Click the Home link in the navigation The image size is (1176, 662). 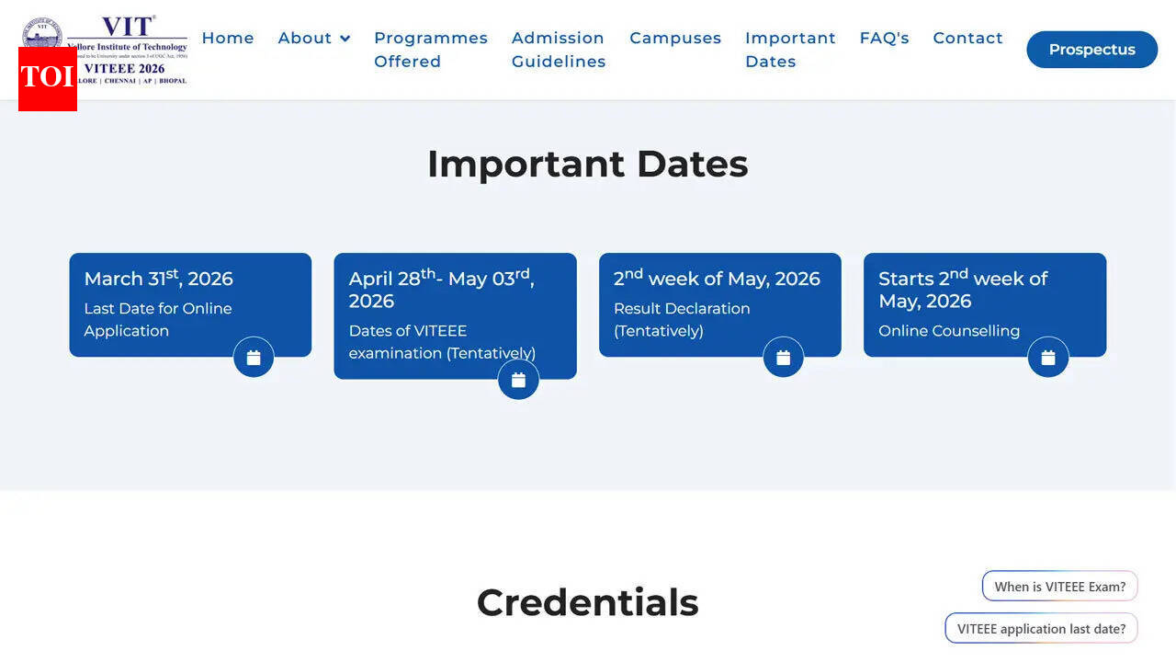[228, 38]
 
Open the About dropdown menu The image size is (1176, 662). [314, 38]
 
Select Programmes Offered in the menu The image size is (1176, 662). [430, 50]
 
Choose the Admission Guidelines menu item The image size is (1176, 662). [559, 50]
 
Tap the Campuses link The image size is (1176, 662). [675, 38]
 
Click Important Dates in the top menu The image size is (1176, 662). [790, 50]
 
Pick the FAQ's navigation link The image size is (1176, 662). [884, 38]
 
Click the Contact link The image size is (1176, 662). [967, 38]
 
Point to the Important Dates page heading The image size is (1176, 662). [588, 165]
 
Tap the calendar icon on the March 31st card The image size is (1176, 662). [254, 358]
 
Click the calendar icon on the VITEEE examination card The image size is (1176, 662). [518, 380]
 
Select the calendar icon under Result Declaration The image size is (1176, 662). [784, 358]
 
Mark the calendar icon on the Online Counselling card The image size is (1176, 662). [1048, 358]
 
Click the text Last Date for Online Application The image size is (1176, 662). [158, 319]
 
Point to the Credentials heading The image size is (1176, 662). [588, 602]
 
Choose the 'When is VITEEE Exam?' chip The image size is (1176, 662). [1060, 587]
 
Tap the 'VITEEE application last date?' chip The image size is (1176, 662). [1041, 629]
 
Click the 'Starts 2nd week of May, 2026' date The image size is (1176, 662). [963, 290]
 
